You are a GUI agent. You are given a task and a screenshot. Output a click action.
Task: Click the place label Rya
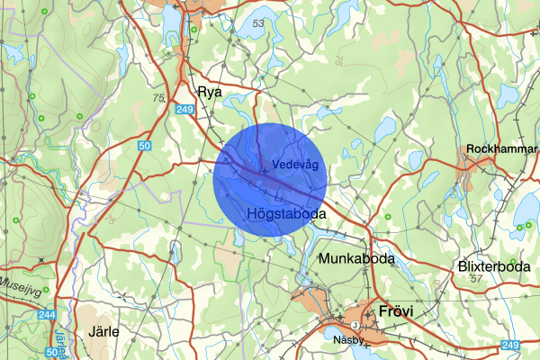tap(209, 91)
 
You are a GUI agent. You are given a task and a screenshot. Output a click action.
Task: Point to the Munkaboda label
tap(356, 258)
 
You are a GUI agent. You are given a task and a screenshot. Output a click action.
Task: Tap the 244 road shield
tap(47, 315)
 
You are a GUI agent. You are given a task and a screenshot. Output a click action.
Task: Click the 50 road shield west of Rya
tap(145, 144)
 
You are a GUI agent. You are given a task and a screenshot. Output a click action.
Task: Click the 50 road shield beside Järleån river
tap(51, 353)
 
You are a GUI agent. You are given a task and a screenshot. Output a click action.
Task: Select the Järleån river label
tap(60, 343)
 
